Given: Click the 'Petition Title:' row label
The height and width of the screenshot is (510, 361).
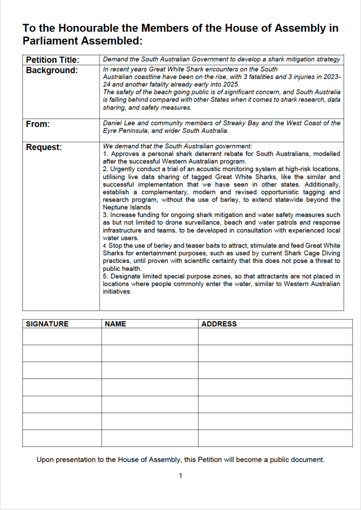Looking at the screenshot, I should [x=52, y=60].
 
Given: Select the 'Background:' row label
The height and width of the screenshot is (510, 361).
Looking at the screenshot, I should [x=52, y=70].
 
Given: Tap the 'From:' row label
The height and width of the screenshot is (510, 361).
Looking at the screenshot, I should [x=38, y=124].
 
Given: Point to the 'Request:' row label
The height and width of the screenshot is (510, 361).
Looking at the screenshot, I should [x=44, y=147].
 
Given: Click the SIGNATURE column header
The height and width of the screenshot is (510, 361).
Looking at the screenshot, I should [x=47, y=324].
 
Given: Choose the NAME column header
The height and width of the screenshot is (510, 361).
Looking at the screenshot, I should [x=116, y=324].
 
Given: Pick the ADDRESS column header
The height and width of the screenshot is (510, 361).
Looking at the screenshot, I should [x=219, y=324].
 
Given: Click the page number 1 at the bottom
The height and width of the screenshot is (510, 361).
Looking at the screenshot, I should [x=180, y=476].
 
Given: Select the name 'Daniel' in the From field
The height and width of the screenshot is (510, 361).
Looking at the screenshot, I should [x=113, y=123].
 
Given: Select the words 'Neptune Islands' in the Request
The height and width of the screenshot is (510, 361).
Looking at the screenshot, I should [x=127, y=207].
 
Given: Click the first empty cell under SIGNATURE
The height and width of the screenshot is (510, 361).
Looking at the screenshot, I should [x=62, y=336].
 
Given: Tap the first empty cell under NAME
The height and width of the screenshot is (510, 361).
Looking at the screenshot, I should [x=149, y=336].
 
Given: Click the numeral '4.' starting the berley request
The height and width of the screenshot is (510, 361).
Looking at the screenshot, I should [x=106, y=246].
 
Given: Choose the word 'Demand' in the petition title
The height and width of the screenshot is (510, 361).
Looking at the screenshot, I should [x=116, y=59].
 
